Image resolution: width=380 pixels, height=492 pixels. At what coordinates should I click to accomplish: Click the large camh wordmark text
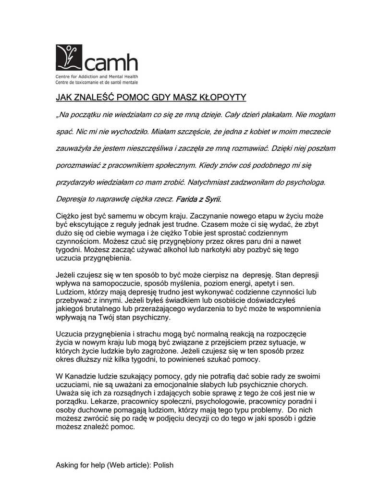(111, 62)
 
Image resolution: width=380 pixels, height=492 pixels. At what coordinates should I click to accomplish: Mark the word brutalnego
(111, 309)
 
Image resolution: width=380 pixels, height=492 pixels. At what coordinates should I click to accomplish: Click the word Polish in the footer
(163, 465)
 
